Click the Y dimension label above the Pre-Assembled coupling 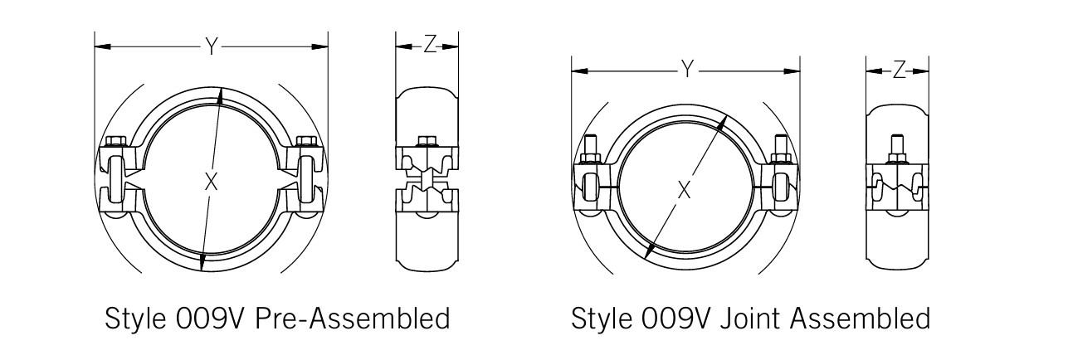212,47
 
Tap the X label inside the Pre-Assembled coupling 211,182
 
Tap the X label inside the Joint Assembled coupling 684,190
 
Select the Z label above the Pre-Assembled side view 428,46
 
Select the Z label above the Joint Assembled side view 899,71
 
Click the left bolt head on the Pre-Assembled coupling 116,140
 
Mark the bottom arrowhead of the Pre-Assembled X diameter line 202,266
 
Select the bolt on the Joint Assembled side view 899,149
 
